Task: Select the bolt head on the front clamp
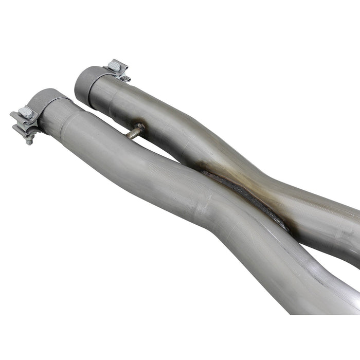(26, 113)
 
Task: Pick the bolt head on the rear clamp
(115, 66)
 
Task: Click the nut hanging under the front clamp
(29, 139)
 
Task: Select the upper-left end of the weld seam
(203, 174)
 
